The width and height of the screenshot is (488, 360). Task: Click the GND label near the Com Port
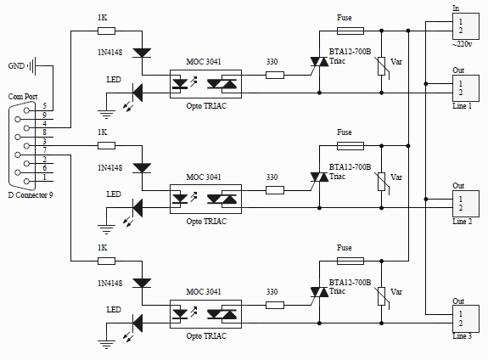[x=16, y=66]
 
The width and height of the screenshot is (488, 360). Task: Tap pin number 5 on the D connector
[x=44, y=106]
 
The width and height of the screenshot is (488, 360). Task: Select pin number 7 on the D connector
[x=44, y=150]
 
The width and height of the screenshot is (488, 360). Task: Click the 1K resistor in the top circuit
[x=106, y=31]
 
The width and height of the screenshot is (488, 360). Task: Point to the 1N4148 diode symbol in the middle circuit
[x=142, y=168]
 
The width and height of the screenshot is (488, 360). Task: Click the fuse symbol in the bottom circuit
[x=351, y=261]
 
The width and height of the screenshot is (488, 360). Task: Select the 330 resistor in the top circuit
[x=275, y=75]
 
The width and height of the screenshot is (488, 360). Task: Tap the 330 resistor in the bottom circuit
[x=275, y=305]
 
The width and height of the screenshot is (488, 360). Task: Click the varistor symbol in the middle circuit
[x=382, y=182]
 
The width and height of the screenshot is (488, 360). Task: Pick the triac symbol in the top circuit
[x=319, y=62]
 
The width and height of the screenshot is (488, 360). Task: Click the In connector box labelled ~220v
[x=466, y=26]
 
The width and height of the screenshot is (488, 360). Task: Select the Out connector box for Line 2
[x=466, y=204]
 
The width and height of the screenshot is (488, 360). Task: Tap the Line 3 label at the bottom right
[x=463, y=336]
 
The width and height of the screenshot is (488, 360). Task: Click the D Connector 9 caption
[x=31, y=195]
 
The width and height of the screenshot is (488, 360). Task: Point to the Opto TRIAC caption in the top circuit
[x=206, y=106]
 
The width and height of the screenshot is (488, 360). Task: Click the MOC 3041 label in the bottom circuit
[x=204, y=292]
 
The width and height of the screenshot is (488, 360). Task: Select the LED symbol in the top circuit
[x=137, y=93]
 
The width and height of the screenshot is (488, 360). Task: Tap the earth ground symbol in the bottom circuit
[x=106, y=345]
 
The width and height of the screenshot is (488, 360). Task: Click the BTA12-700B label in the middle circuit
[x=351, y=167]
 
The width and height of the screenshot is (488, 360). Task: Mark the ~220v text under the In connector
[x=463, y=44]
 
